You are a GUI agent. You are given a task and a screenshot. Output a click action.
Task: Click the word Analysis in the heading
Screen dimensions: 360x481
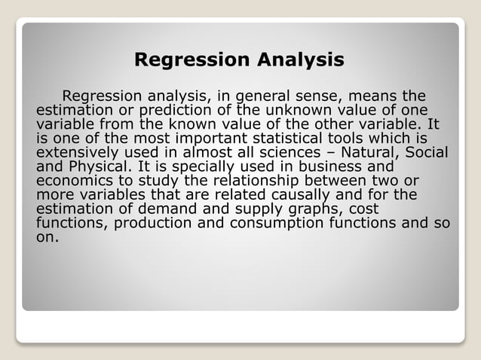point(301,60)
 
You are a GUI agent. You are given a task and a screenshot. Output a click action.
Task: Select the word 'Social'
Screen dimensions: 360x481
point(427,152)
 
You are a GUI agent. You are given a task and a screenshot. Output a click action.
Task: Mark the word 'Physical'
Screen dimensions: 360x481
point(94,166)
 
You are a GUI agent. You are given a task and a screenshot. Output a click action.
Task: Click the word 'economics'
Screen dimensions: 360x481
point(73,180)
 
